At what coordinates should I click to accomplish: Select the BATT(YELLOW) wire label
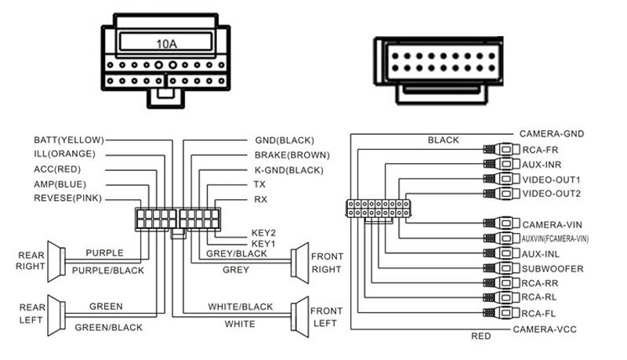coord(69,140)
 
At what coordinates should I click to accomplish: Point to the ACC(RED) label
coord(57,169)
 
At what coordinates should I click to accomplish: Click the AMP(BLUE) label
coord(60,183)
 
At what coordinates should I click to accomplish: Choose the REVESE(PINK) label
coord(68,198)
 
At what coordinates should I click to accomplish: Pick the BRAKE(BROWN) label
coord(292,155)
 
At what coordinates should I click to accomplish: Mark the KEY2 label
coord(264,233)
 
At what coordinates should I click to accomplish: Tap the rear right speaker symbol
coord(55,258)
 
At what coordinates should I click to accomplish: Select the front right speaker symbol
coord(299,260)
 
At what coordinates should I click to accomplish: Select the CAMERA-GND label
coord(552,134)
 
